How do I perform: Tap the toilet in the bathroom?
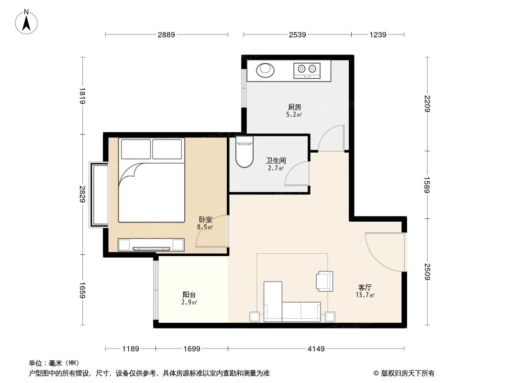(244, 152)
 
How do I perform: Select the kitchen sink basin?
(266, 70)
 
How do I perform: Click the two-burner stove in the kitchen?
(307, 70)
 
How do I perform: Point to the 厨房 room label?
(295, 107)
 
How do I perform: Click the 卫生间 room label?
(276, 161)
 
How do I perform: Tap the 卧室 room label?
(205, 220)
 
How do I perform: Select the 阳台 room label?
(189, 295)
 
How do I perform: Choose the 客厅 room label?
(366, 287)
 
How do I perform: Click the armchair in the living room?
(324, 281)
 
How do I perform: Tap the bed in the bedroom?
(151, 180)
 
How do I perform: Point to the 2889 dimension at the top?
(166, 34)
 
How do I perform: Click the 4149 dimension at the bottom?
(316, 349)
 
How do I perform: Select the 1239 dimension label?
(377, 34)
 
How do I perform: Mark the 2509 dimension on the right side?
(427, 272)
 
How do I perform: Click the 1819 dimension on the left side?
(82, 96)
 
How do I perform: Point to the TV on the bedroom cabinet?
(151, 248)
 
